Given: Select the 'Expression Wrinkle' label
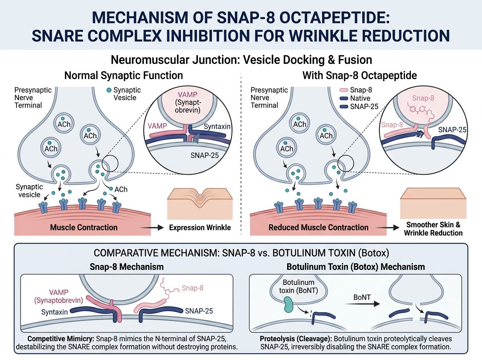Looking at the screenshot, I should (200, 228).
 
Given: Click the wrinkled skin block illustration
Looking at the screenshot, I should (200, 201).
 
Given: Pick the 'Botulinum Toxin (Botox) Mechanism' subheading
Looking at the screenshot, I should (355, 267).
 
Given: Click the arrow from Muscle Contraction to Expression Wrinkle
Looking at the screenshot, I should (156, 228).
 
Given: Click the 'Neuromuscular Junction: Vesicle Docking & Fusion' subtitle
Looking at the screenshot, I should (241, 60).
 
